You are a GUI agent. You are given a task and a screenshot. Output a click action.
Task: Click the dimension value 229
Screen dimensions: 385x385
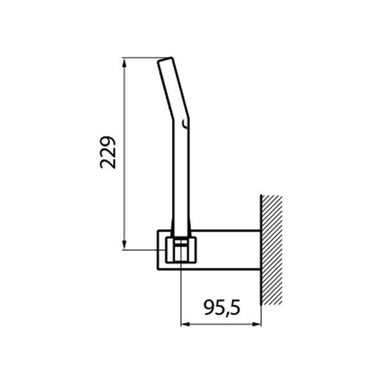click(x=108, y=152)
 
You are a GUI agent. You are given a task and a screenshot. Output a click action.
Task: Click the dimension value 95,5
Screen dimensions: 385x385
click(x=221, y=308)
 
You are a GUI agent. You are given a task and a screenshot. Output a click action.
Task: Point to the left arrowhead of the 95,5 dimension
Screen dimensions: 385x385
click(x=185, y=323)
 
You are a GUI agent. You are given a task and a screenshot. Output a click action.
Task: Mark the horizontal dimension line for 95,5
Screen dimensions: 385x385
click(x=221, y=323)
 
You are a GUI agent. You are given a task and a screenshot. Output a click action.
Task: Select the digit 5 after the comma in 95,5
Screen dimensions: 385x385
click(x=234, y=308)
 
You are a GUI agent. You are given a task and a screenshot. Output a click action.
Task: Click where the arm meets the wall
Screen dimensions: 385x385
click(x=260, y=247)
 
